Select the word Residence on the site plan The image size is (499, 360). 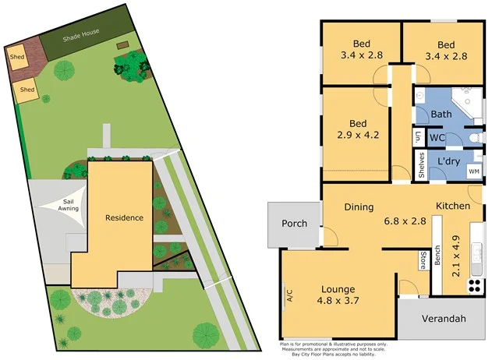(x=125, y=217)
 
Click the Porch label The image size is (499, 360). (x=294, y=224)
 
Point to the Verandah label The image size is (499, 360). (x=444, y=319)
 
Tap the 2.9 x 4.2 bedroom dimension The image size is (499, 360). (x=358, y=135)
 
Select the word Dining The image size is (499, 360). (x=359, y=207)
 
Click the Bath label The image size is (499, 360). (x=441, y=115)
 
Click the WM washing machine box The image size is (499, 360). (x=473, y=170)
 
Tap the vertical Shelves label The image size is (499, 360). (x=422, y=165)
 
